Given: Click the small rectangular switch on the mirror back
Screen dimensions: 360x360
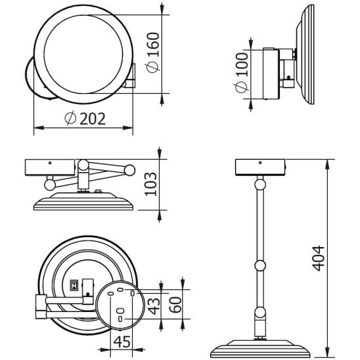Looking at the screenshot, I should tap(74, 285).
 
